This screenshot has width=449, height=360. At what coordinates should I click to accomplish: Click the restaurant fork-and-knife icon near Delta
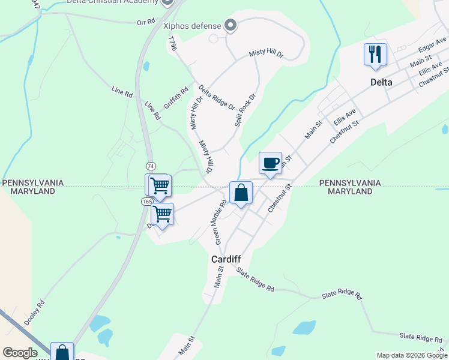375,55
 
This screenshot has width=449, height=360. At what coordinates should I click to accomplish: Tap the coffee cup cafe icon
270,163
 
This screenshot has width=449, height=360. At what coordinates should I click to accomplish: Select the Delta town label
381,82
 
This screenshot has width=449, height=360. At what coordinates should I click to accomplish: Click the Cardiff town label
226,259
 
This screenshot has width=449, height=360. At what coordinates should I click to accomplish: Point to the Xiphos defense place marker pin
229,25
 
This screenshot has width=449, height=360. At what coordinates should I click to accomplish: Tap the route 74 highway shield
151,166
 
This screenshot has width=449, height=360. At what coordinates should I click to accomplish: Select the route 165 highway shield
147,202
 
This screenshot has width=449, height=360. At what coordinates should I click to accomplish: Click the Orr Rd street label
145,22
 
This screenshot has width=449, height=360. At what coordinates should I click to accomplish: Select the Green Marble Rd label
220,221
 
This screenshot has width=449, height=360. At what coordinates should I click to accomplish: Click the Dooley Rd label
34,313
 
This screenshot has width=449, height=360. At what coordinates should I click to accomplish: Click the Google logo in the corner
20,353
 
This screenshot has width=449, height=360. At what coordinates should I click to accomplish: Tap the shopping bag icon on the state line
241,193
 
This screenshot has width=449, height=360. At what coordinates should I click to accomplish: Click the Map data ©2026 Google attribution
412,355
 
